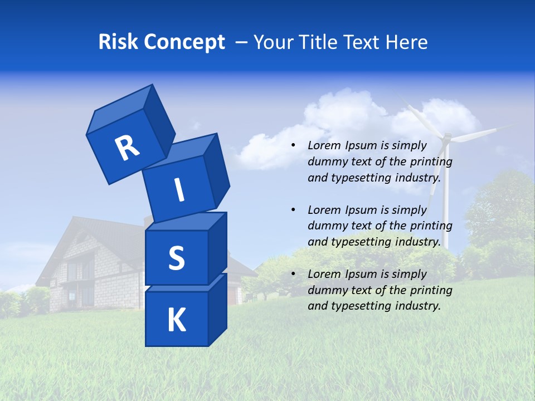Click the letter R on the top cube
127,148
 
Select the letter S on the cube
176,258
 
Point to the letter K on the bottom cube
176,320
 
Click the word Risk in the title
118,42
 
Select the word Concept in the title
184,42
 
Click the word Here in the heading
407,42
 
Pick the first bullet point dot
293,145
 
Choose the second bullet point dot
293,210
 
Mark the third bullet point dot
293,274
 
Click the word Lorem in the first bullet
324,145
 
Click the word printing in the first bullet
432,162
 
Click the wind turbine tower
445,212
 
